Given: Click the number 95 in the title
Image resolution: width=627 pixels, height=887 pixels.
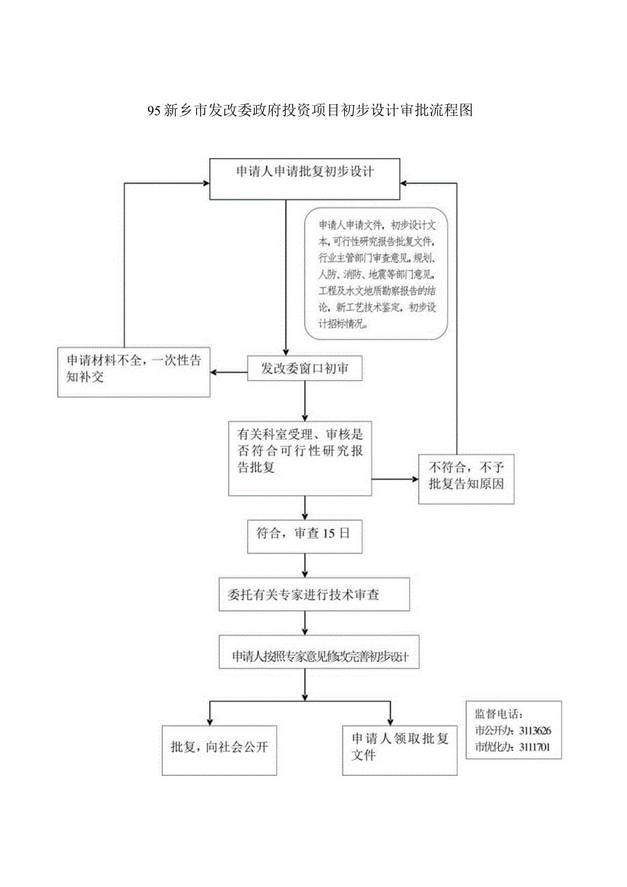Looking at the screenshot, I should click(x=154, y=110).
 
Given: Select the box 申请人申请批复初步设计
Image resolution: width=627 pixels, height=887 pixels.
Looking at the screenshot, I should click(x=305, y=179).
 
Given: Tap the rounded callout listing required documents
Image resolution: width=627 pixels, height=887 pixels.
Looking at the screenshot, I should click(x=376, y=274).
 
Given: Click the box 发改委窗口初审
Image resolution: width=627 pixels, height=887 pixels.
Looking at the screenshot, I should click(x=305, y=369).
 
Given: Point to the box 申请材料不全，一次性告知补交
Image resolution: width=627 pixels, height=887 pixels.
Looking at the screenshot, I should click(x=134, y=372).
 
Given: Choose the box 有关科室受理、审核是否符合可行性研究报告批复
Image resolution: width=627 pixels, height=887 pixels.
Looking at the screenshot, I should click(x=299, y=457).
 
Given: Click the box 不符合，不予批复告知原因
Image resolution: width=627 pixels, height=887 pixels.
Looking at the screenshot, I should click(x=465, y=479).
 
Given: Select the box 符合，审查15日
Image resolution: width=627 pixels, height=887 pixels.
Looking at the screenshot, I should click(x=304, y=535).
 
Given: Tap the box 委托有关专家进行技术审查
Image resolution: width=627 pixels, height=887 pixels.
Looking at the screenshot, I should click(x=315, y=595).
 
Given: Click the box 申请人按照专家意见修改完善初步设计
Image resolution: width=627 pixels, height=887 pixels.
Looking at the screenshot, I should click(x=319, y=656).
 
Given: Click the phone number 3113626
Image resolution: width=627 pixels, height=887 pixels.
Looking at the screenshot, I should click(x=536, y=730).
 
